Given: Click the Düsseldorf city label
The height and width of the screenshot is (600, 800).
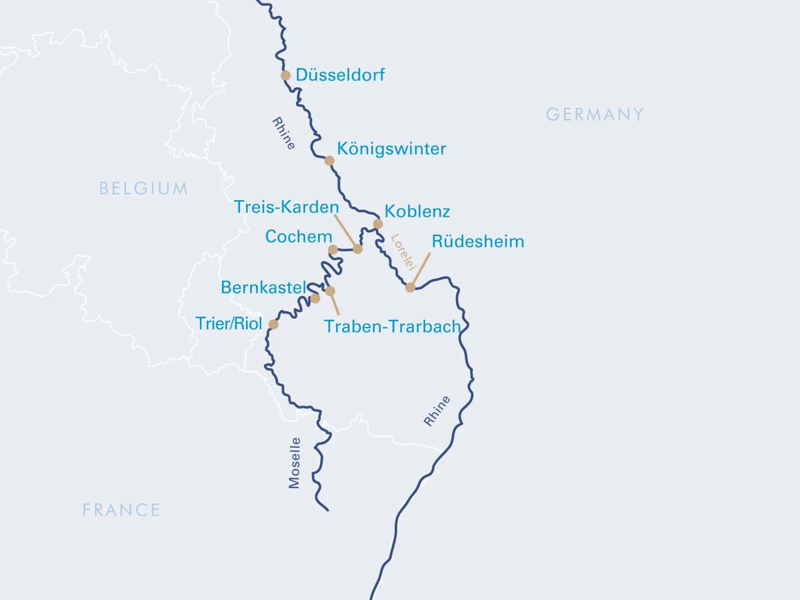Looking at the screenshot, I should click(x=340, y=75).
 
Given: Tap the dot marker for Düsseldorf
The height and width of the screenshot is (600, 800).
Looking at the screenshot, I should click(x=285, y=75).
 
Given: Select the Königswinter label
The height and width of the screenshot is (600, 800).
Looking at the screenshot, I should click(x=391, y=149).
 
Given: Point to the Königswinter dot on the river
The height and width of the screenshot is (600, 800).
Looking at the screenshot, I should click(x=329, y=161).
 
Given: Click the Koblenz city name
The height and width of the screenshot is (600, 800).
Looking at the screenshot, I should click(x=417, y=212).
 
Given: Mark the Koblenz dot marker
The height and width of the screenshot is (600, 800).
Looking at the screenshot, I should click(x=378, y=224).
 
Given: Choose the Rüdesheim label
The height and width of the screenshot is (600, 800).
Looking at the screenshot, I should click(x=478, y=241).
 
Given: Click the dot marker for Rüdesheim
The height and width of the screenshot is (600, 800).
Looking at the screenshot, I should click(x=410, y=287).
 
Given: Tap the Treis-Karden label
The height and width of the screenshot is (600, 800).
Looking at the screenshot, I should click(x=286, y=207).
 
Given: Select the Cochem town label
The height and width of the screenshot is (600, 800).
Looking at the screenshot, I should click(x=299, y=237).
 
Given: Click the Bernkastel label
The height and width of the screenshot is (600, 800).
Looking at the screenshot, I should click(x=264, y=288).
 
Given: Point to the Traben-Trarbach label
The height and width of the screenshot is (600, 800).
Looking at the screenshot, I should click(x=392, y=326).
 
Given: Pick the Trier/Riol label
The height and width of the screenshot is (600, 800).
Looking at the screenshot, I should click(x=229, y=323).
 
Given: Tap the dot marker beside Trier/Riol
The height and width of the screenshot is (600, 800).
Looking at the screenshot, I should click(x=273, y=324).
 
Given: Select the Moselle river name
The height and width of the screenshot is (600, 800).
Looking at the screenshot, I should click(x=294, y=463).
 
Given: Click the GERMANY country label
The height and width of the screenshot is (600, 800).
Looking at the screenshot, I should click(x=594, y=114).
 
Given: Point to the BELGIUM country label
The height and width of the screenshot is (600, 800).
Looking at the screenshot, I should click(x=143, y=188).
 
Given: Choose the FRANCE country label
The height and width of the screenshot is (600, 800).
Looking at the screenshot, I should click(x=121, y=510).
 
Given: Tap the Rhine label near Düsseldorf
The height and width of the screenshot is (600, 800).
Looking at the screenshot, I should click(x=283, y=134).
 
